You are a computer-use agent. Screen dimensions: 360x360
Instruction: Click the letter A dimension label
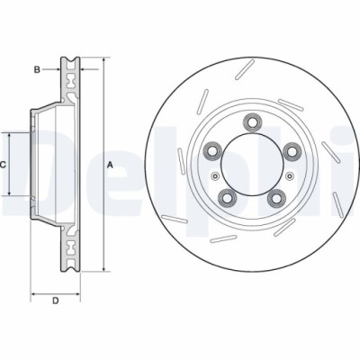click(x=110, y=165)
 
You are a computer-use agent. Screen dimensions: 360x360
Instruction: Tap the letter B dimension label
click(x=37, y=68)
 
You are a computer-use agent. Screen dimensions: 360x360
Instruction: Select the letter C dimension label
click(x=4, y=165)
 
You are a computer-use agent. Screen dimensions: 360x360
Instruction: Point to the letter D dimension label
click(x=55, y=300)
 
